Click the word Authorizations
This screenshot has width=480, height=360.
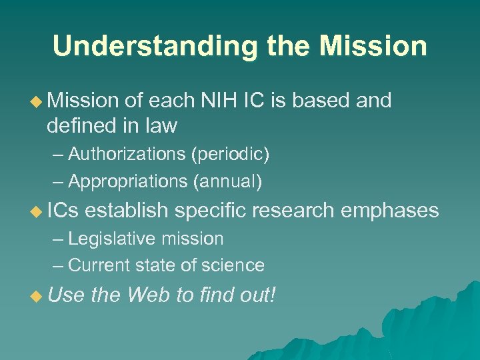click(x=127, y=155)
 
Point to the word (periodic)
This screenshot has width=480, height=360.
click(x=230, y=155)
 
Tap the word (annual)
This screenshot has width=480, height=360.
click(x=228, y=181)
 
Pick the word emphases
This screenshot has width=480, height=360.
click(x=389, y=211)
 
